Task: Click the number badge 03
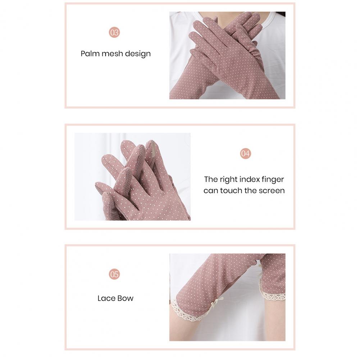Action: [x=114, y=32]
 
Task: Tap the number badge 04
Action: [x=245, y=153]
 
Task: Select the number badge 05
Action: [x=114, y=274]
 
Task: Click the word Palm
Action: [x=90, y=54]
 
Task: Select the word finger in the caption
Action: [x=273, y=180]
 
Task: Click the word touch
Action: [x=231, y=191]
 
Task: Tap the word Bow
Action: [x=126, y=298]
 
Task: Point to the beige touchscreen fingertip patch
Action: [x=153, y=149]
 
